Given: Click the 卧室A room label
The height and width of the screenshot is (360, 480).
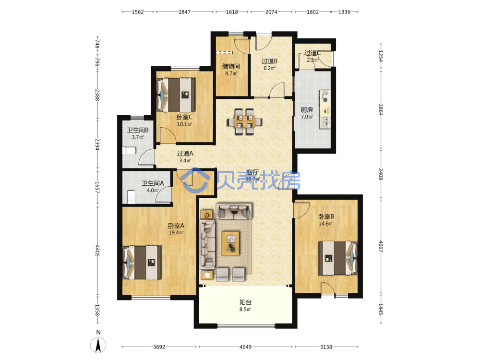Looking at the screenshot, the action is coord(176,226).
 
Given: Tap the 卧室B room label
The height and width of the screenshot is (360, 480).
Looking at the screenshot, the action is coord(326,216).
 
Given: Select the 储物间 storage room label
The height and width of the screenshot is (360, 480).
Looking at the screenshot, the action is coord(231,66).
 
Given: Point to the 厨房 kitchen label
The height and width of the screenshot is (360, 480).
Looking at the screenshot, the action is coord(307,109).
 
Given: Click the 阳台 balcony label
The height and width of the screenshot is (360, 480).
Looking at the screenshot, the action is coord(245,302).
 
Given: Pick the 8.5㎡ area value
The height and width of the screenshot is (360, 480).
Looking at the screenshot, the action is coord(245,310).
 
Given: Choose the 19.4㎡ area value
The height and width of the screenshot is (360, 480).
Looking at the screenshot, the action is coord(176,233).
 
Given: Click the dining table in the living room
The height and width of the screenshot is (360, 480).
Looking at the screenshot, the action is coord(244,121).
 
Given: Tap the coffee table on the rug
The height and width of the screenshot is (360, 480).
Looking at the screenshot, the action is coord(230,243).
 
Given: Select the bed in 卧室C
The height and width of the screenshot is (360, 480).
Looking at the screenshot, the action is coord(176,95).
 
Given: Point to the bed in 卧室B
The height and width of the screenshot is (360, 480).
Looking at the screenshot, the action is coord(337,258).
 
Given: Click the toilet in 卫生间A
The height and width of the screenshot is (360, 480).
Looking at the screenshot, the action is coord(131,197).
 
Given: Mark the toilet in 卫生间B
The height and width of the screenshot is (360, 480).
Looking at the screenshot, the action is coord(129,151).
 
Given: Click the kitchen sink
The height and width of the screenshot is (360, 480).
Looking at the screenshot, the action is coord(325,122).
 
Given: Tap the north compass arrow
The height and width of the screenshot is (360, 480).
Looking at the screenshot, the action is coord(98,345).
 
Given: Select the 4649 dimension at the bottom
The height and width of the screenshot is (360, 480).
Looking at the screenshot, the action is coord(245,347).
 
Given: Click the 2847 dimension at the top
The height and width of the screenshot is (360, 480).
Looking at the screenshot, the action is coord(184,12).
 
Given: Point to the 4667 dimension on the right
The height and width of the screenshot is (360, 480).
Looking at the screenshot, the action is coord(381,246).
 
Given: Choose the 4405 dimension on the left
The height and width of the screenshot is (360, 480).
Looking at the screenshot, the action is coord(97,251).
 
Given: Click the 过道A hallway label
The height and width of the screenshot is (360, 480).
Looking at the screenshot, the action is coord(185,154).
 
